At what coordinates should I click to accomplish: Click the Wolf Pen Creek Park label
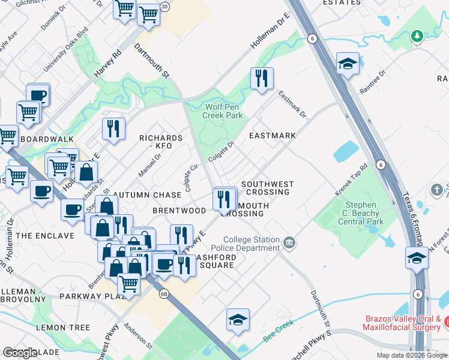(223, 110)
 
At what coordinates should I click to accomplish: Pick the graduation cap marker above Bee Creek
(238, 320)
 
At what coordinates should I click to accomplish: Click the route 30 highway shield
(164, 6)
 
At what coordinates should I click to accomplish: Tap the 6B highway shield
(164, 294)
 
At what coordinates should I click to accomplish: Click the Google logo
(20, 353)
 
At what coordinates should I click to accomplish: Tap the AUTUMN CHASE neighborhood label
(147, 195)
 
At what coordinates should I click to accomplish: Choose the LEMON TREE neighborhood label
(63, 328)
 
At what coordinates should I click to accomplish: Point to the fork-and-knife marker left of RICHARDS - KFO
(113, 129)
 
